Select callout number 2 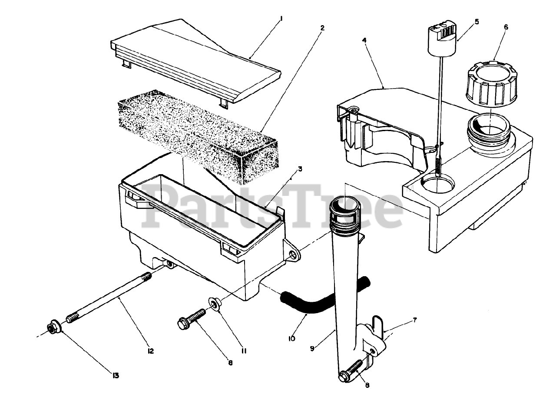[322, 28]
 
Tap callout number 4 [364, 40]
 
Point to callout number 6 [493, 27]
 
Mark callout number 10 [291, 338]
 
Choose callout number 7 [414, 320]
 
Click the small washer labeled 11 [214, 302]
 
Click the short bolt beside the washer [192, 318]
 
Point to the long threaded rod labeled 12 [109, 298]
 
